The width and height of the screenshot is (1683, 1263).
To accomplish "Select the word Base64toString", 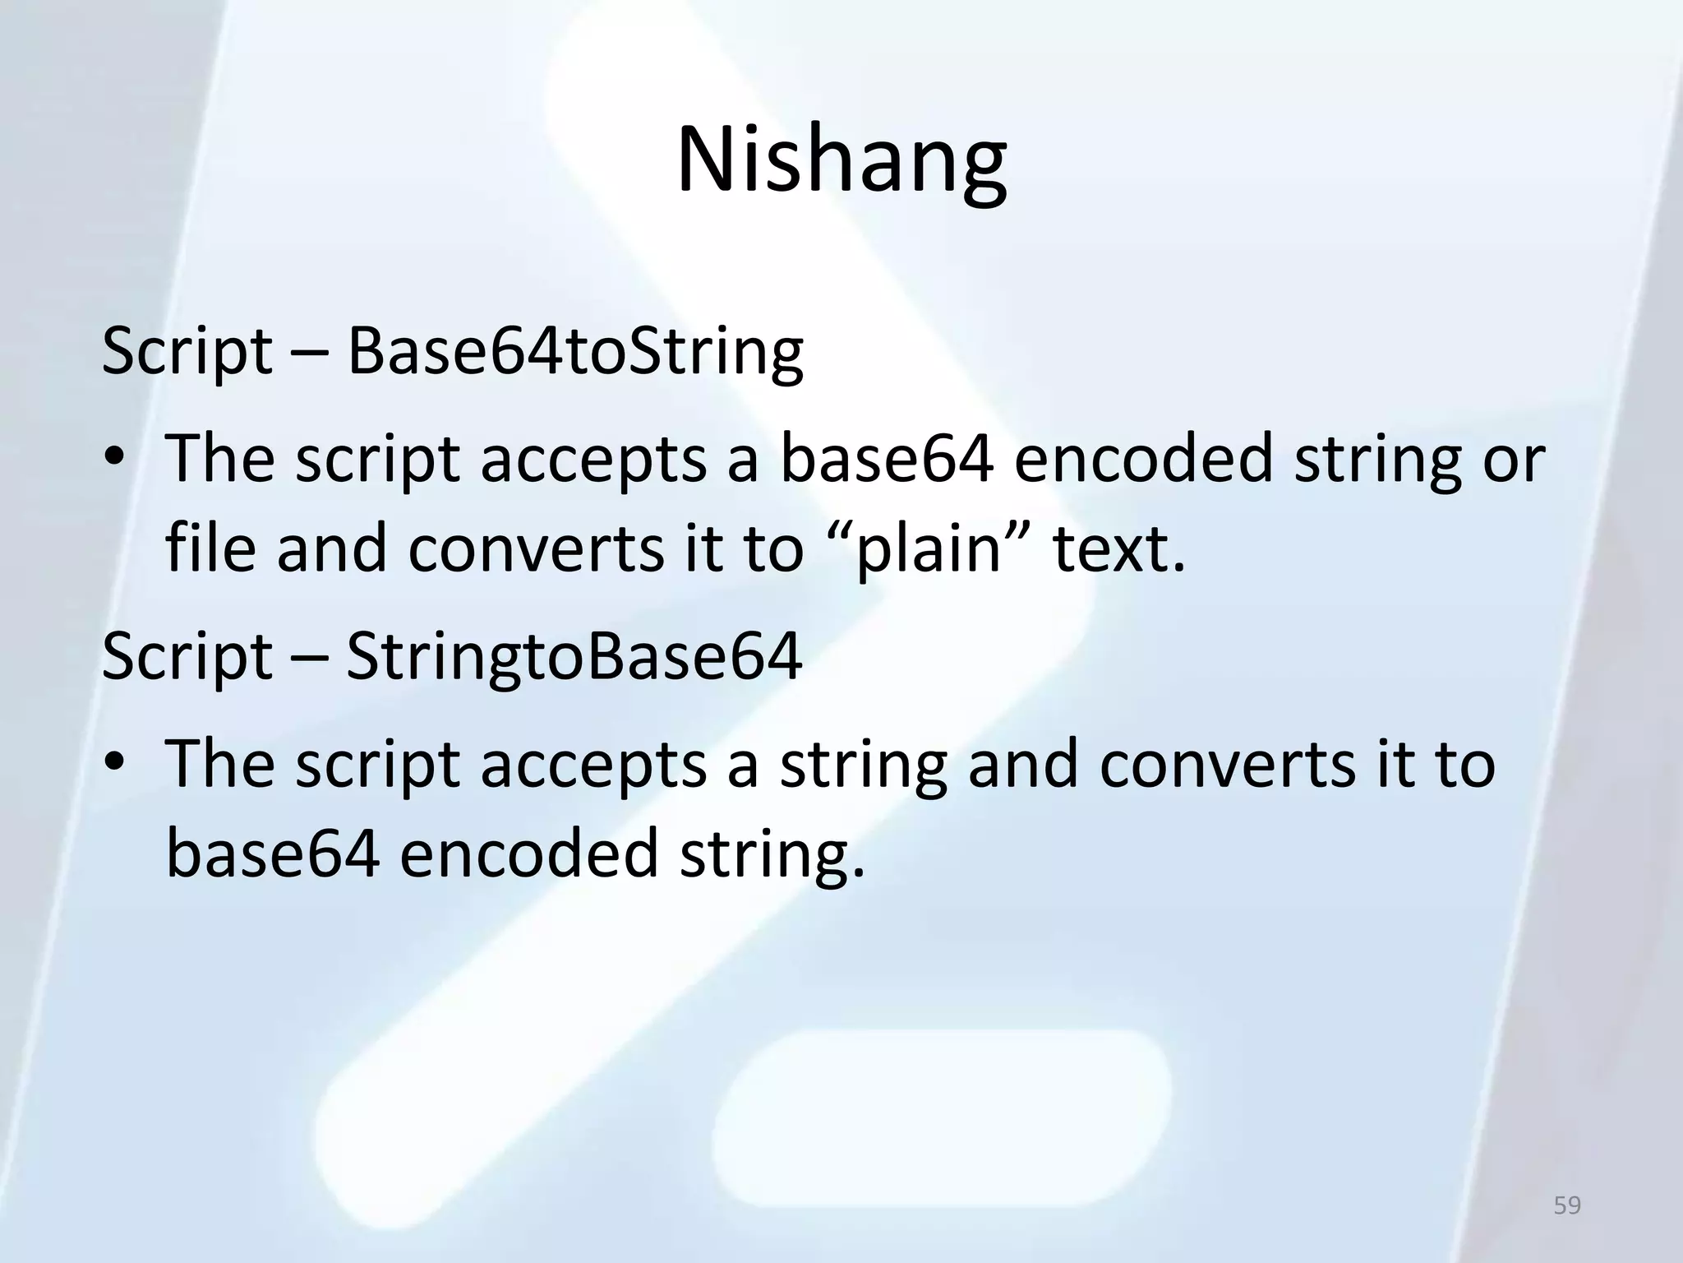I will (574, 352).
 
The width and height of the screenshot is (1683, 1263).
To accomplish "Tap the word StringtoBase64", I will (574, 657).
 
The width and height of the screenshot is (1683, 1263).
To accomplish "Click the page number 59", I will (1567, 1205).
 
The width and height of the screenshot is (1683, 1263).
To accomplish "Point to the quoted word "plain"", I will (929, 549).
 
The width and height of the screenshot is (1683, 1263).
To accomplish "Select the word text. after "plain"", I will (1120, 549).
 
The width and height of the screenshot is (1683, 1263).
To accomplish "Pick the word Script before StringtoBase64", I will (187, 659).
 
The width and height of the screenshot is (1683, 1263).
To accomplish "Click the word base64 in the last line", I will (273, 854).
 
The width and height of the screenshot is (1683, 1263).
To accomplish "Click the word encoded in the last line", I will (530, 854).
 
